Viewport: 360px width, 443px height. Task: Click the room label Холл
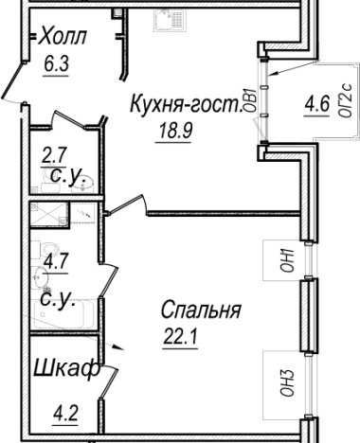click(64, 38)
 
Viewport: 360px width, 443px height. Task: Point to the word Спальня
click(200, 310)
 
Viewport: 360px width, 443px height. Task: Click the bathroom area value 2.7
click(53, 153)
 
